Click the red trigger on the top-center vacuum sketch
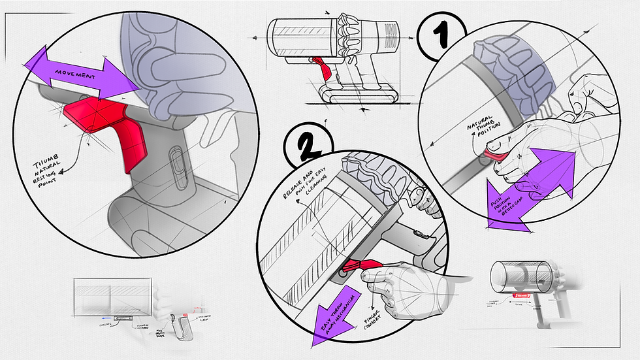click(x=319, y=63)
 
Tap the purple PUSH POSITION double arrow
click(x=530, y=189)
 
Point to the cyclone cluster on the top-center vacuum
click(x=350, y=36)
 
